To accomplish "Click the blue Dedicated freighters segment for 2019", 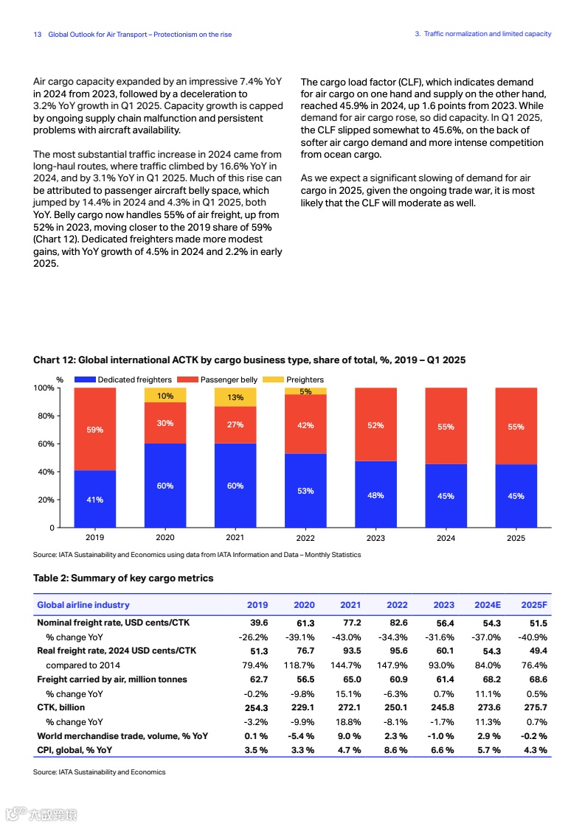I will pyautogui.click(x=95, y=499).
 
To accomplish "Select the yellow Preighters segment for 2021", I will pyautogui.click(x=235, y=397).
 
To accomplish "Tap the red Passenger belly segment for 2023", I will pyautogui.click(x=375, y=424).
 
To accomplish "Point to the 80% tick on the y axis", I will pyautogui.click(x=46, y=416).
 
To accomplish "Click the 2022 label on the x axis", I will pyautogui.click(x=305, y=538).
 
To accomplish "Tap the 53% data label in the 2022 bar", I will pyautogui.click(x=305, y=491).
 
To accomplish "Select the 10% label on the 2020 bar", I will pyautogui.click(x=165, y=396).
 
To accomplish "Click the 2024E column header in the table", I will pyautogui.click(x=487, y=605).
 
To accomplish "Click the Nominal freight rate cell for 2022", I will pyautogui.click(x=397, y=623).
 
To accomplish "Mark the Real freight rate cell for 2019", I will pyautogui.click(x=259, y=651).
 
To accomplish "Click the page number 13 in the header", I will pyautogui.click(x=38, y=35).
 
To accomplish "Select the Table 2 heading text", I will pyautogui.click(x=123, y=578).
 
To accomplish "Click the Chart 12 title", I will pyautogui.click(x=249, y=360).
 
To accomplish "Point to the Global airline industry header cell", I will pyautogui.click(x=83, y=605).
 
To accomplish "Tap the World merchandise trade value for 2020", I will pyautogui.click(x=303, y=736).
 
